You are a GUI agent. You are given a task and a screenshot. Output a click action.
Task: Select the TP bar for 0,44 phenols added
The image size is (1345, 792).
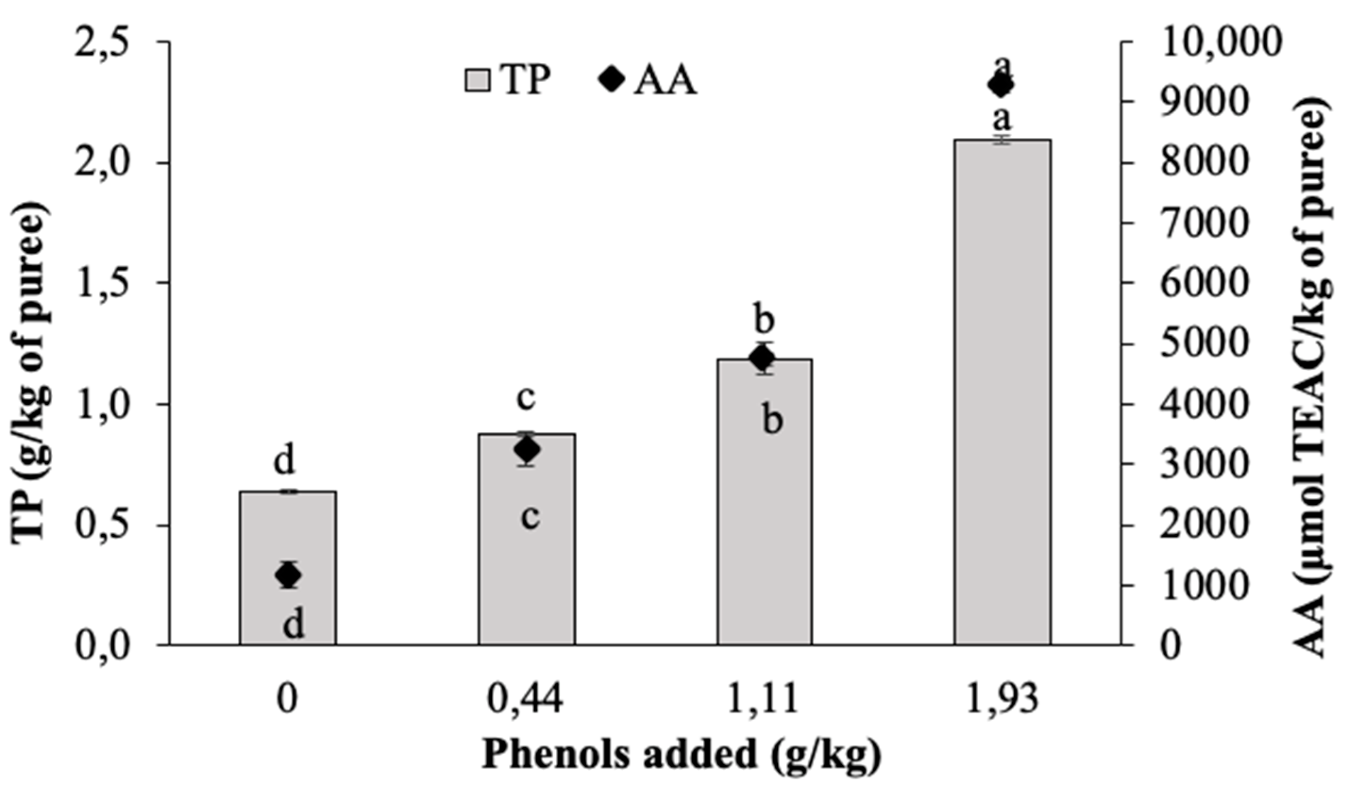tap(527, 539)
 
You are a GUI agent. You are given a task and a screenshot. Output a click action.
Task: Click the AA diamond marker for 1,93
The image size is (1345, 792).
tap(1001, 85)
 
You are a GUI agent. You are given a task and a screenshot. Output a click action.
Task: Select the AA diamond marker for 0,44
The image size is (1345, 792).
tap(528, 450)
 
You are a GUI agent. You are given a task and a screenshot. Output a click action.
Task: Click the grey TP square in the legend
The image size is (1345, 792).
tap(477, 81)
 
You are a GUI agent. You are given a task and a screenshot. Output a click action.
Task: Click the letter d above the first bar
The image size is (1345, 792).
tap(285, 462)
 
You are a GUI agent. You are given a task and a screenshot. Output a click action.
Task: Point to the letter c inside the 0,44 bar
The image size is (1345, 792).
tap(530, 517)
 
